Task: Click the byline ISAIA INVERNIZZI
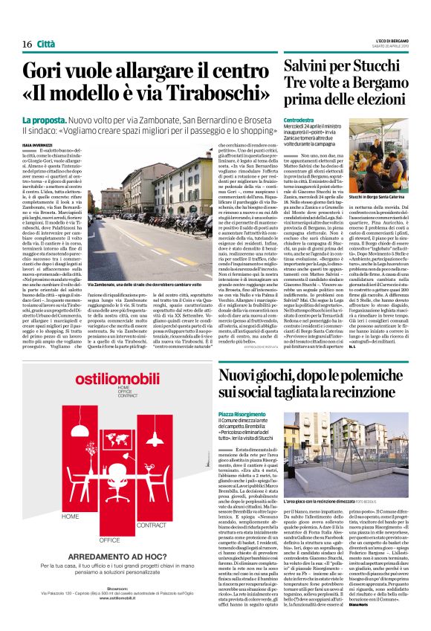(38, 143)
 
